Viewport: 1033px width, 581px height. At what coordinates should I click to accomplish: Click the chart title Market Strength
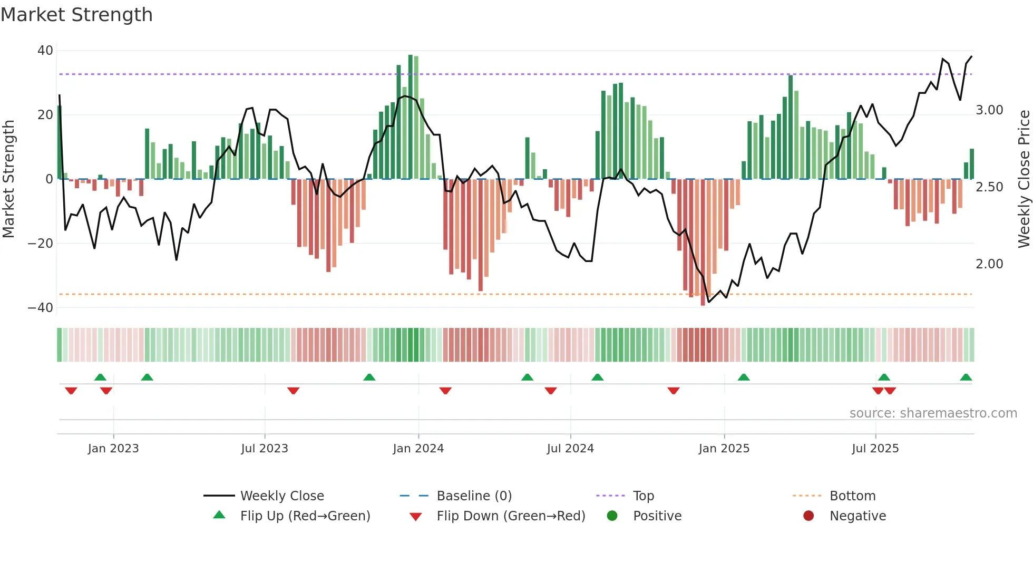pyautogui.click(x=76, y=15)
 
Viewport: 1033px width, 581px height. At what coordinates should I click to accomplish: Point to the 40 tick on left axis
pyautogui.click(x=45, y=51)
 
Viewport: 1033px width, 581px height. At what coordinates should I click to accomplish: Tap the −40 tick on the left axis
pyautogui.click(x=41, y=307)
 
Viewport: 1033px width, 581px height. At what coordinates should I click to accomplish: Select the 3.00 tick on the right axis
pyautogui.click(x=989, y=110)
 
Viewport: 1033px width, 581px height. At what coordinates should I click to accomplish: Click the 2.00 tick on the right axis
pyautogui.click(x=989, y=264)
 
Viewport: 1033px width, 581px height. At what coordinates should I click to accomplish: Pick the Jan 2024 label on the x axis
pyautogui.click(x=418, y=449)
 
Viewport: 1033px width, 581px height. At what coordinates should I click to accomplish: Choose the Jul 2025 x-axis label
pyautogui.click(x=875, y=449)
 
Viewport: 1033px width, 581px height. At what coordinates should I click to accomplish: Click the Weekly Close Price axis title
pyautogui.click(x=1024, y=179)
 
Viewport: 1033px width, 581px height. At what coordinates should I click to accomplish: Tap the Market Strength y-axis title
pyautogui.click(x=9, y=179)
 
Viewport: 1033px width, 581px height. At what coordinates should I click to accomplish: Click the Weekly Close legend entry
pyautogui.click(x=282, y=496)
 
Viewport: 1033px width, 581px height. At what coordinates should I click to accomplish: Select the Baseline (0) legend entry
pyautogui.click(x=474, y=496)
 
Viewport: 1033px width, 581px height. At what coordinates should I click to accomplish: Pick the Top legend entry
pyautogui.click(x=643, y=496)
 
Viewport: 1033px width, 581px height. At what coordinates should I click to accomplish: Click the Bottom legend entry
pyautogui.click(x=852, y=496)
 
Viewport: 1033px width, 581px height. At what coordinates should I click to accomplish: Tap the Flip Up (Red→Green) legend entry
pyautogui.click(x=305, y=516)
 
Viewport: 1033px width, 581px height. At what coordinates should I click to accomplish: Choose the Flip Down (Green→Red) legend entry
pyautogui.click(x=511, y=516)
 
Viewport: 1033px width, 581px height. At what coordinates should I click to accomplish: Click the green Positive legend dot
pyautogui.click(x=612, y=516)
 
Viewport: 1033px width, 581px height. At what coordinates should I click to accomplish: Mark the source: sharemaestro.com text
pyautogui.click(x=933, y=413)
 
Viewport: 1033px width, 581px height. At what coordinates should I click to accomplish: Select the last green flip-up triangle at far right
pyautogui.click(x=966, y=377)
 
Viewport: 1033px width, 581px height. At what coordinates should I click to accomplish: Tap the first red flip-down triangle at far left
pyautogui.click(x=71, y=391)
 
